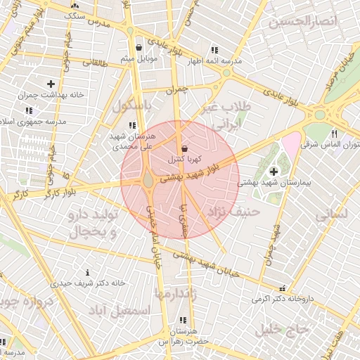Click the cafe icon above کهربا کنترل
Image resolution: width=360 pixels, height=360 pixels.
pyautogui.click(x=184, y=149)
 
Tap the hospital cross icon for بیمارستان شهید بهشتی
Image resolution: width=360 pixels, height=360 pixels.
pyautogui.click(x=273, y=171)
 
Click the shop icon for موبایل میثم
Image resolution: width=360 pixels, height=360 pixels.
pyautogui.click(x=139, y=49)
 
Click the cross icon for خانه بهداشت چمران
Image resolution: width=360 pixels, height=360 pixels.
pyautogui.click(x=51, y=84)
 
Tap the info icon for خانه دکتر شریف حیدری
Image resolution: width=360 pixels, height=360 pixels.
pyautogui.click(x=86, y=272)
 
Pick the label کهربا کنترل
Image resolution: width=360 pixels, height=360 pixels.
pyautogui.click(x=181, y=160)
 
